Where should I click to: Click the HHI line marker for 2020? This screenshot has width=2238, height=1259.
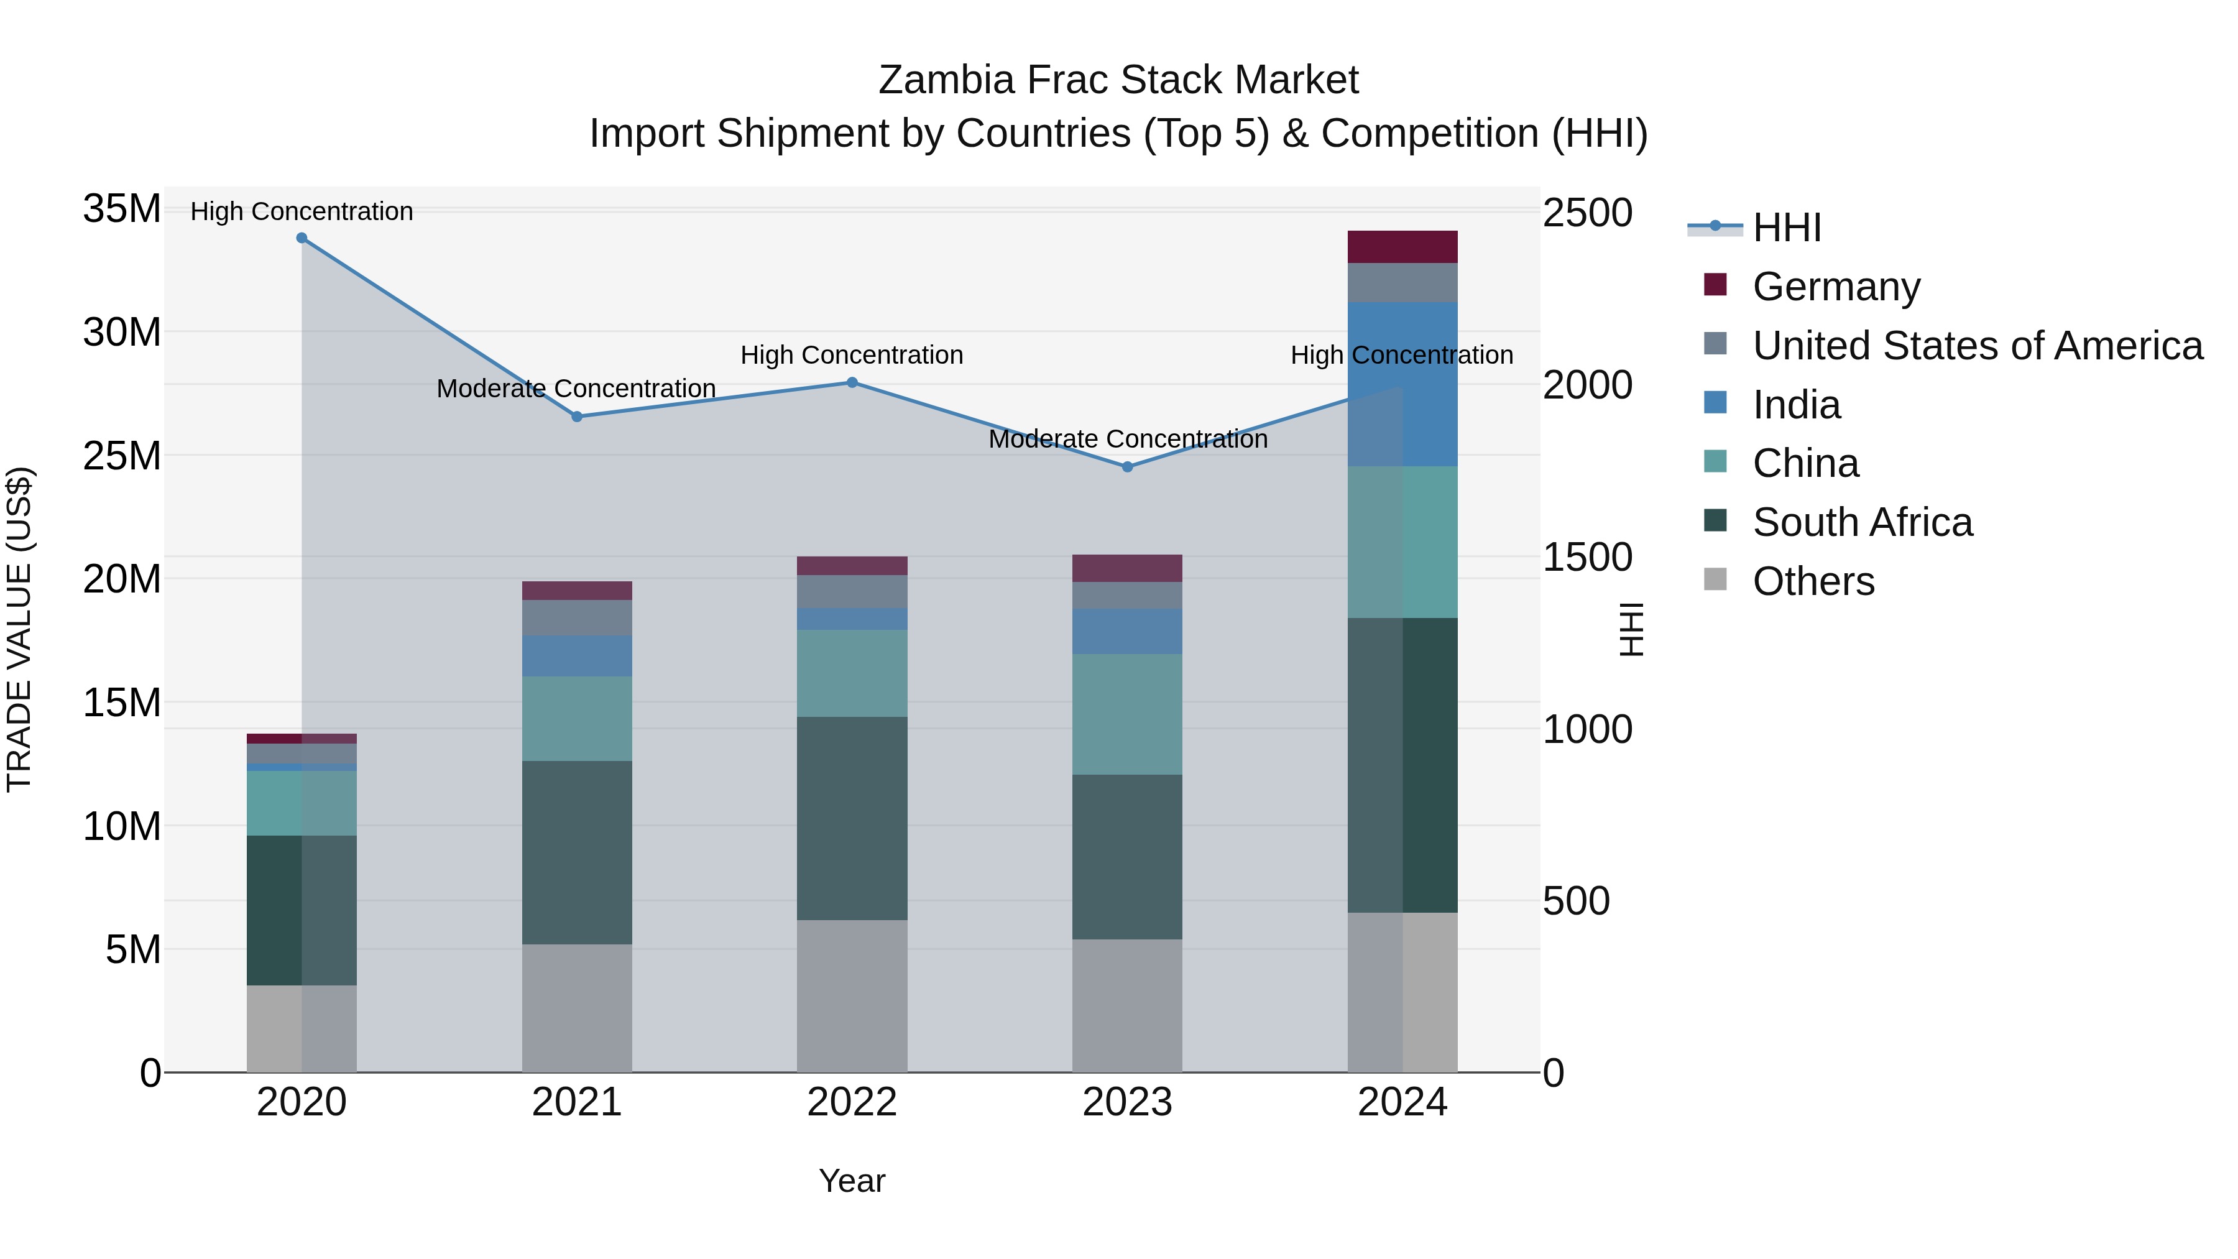tap(302, 238)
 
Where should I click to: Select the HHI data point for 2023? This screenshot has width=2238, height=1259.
tap(1127, 466)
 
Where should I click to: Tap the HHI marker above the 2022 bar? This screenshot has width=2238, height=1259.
tap(852, 382)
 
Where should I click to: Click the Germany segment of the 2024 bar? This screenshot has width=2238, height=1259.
tap(1402, 247)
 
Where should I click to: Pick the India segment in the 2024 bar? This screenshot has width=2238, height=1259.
tap(1402, 384)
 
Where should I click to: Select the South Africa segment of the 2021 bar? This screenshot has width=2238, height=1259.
tap(577, 852)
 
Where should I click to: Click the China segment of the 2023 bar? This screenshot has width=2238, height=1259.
tap(1127, 714)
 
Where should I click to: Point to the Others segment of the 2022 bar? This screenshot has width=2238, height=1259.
tap(852, 996)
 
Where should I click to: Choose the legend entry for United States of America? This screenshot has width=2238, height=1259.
tap(1976, 346)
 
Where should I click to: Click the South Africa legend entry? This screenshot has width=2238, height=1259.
tap(1862, 522)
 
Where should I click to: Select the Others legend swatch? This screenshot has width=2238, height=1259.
tap(1715, 579)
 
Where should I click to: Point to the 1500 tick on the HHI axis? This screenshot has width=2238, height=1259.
tap(1586, 558)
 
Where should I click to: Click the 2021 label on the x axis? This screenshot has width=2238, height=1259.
tap(577, 1102)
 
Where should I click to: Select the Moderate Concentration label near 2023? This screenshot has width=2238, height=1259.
tap(1128, 439)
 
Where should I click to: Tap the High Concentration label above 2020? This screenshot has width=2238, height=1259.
tap(302, 211)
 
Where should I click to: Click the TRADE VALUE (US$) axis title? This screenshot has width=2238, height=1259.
tap(19, 629)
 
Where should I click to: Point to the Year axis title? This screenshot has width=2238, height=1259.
tap(852, 1181)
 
